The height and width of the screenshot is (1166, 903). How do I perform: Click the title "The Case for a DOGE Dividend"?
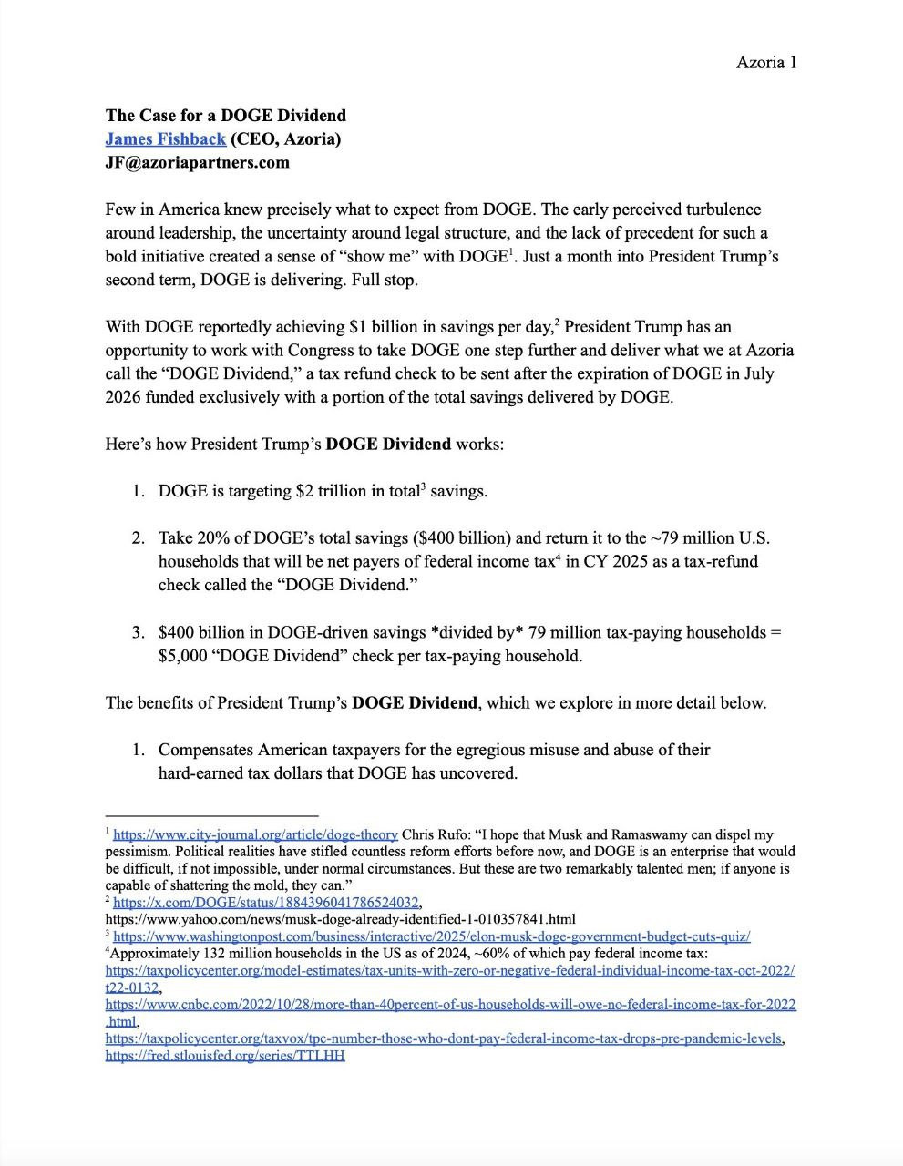click(x=225, y=116)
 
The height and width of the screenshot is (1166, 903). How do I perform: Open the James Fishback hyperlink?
click(x=165, y=139)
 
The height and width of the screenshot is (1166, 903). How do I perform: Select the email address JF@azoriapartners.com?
click(x=197, y=163)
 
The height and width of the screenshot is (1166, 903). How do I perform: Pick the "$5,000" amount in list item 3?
click(x=182, y=656)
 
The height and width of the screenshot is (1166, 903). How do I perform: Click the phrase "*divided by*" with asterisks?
click(x=475, y=632)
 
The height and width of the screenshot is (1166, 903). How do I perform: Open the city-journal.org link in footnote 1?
click(x=255, y=834)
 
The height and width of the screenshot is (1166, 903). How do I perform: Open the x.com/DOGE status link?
click(x=265, y=903)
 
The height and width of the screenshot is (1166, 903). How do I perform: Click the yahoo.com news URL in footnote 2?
click(x=340, y=919)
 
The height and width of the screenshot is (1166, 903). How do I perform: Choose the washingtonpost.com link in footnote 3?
click(x=431, y=936)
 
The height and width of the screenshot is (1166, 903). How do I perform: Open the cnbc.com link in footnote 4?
click(x=450, y=1005)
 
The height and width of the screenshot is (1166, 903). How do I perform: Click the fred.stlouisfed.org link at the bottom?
click(x=225, y=1056)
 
